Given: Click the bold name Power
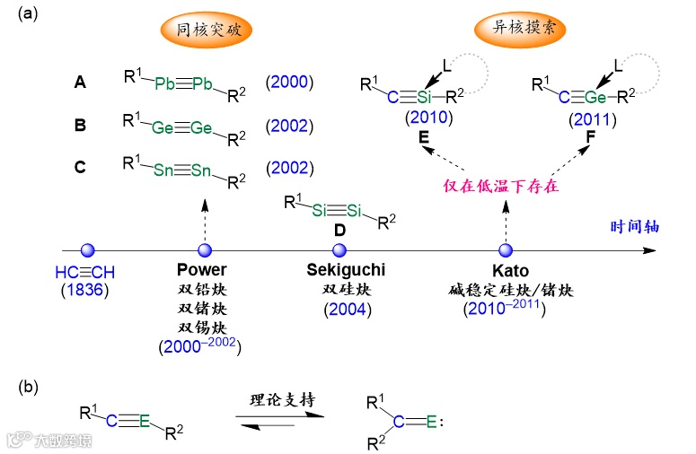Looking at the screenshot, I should (202, 271).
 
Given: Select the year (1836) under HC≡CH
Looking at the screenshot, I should (84, 290).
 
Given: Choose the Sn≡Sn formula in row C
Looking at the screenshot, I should (184, 168).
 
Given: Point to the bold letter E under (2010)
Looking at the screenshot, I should (424, 137).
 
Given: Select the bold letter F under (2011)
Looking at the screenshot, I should (590, 137).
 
